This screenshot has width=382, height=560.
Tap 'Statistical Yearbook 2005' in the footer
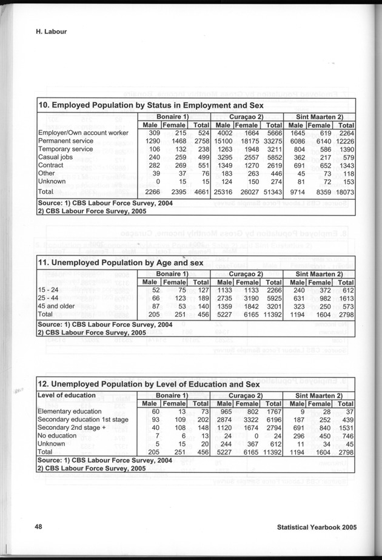click(317, 527)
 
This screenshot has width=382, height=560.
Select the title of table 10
click(142, 106)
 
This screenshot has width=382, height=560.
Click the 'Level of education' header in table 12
click(67, 395)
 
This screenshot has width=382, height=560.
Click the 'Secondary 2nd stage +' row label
click(74, 428)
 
